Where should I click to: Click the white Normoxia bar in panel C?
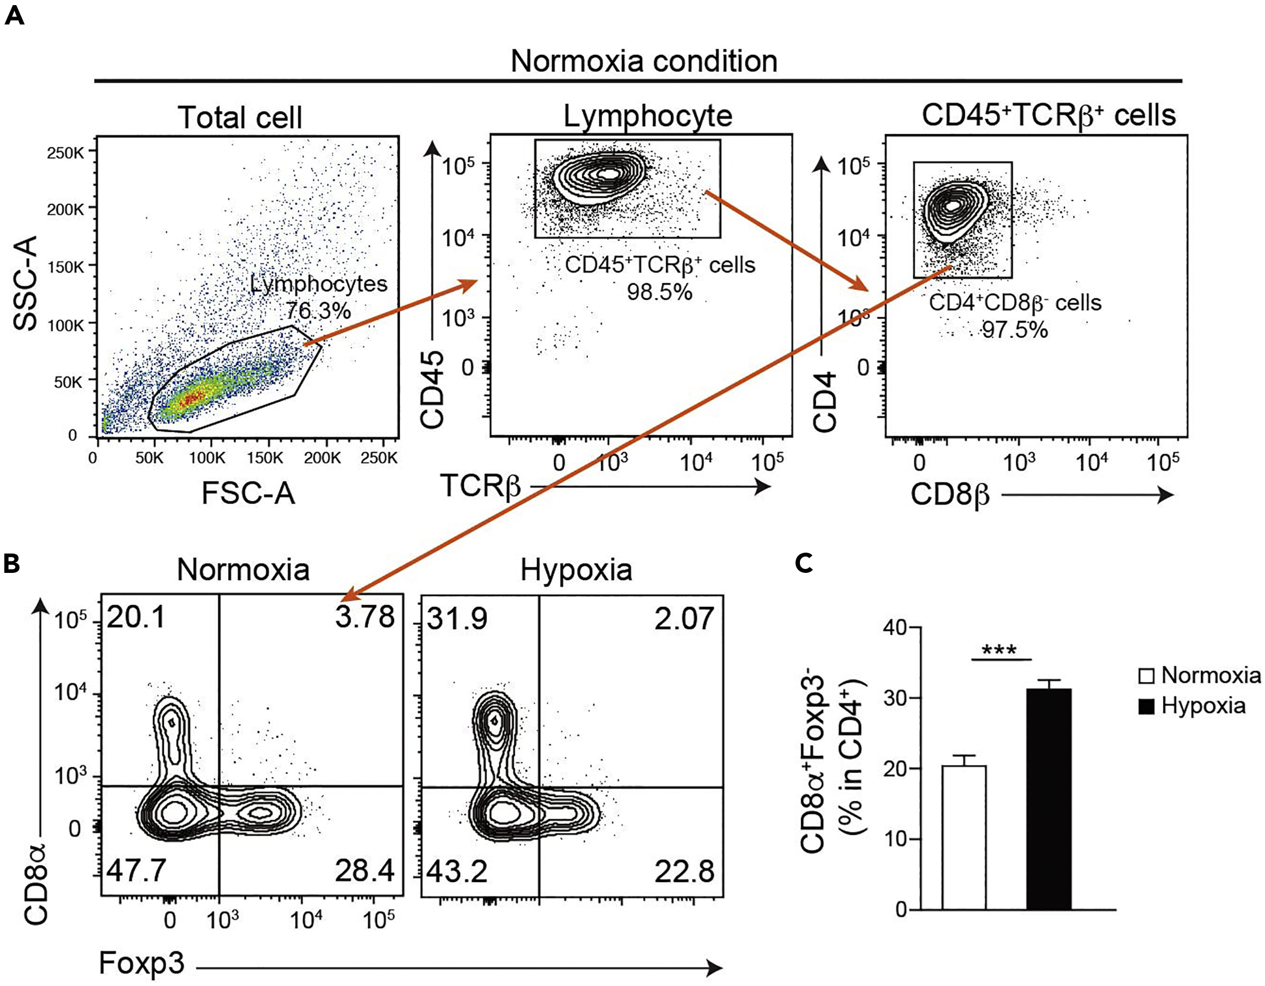(x=964, y=838)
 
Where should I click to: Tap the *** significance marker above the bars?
(x=1000, y=649)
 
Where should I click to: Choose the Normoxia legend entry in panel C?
(x=1202, y=675)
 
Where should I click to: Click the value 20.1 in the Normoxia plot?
(x=136, y=618)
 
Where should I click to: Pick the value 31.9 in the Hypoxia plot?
(x=457, y=619)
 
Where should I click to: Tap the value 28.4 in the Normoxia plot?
(x=364, y=871)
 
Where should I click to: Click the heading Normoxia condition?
(x=644, y=61)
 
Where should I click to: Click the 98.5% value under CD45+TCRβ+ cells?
(x=659, y=292)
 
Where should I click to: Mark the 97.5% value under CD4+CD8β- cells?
(x=1014, y=330)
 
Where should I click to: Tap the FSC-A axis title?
(x=248, y=494)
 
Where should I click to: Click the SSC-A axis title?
(x=25, y=284)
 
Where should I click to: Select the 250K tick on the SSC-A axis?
(x=66, y=154)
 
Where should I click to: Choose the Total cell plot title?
(x=240, y=117)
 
